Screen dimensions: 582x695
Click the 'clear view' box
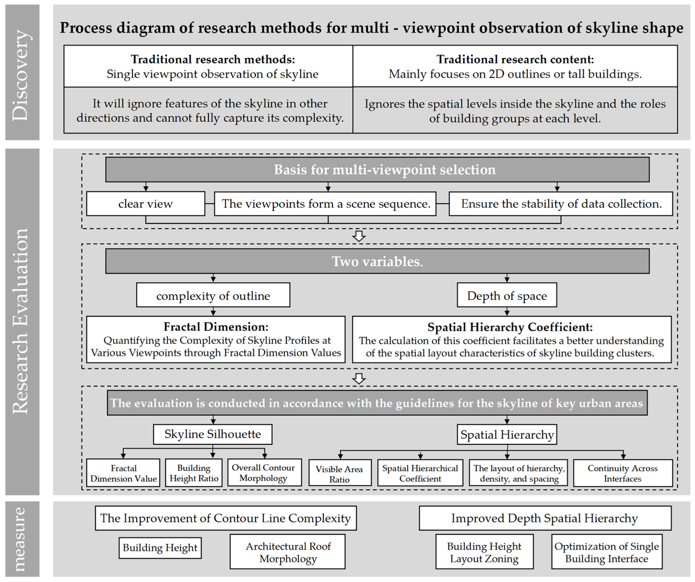click(x=146, y=204)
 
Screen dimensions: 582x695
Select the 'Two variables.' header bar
click(x=377, y=261)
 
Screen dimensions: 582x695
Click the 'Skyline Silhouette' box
click(x=213, y=434)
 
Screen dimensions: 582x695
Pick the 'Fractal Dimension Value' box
click(x=123, y=473)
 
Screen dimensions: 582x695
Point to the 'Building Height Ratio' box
click(x=194, y=473)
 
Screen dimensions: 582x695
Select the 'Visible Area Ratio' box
click(x=339, y=473)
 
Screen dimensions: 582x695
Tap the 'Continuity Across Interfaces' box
click(x=623, y=473)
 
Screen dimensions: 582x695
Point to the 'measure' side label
click(x=22, y=539)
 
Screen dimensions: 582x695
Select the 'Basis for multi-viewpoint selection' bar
click(x=377, y=170)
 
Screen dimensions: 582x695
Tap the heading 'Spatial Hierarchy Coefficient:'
click(x=510, y=327)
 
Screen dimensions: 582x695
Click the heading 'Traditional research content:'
click(x=515, y=59)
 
